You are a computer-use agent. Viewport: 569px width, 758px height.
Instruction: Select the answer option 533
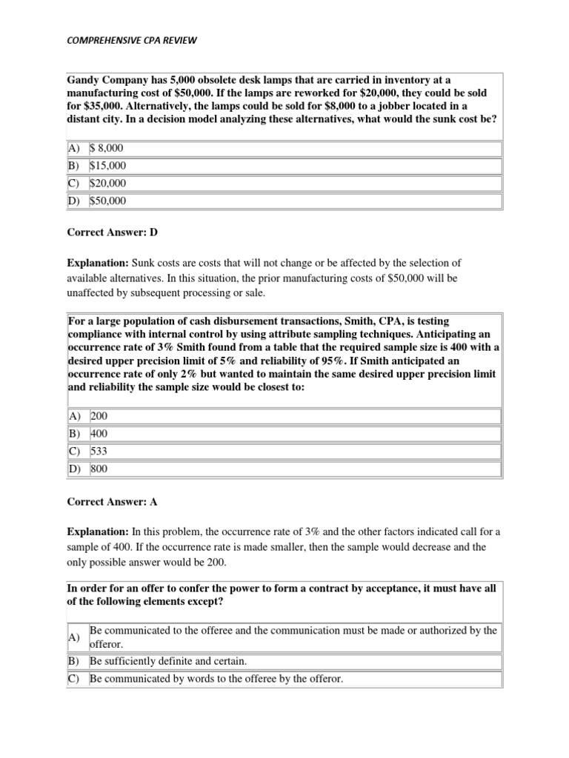coord(99,452)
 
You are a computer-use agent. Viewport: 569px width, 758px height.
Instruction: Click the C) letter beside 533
coord(76,452)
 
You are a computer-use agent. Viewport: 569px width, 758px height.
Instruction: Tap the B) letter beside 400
coord(76,434)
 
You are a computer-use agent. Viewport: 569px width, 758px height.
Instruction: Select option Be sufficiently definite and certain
coord(168,660)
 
